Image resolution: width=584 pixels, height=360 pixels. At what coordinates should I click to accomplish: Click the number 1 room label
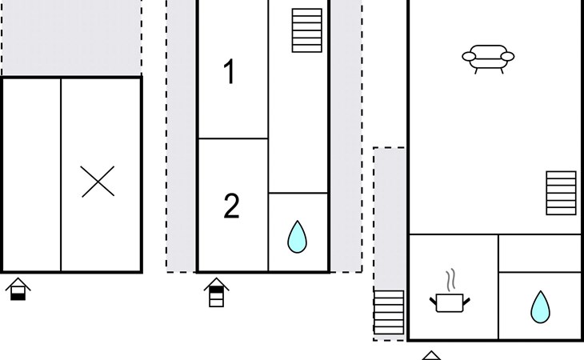[230, 73]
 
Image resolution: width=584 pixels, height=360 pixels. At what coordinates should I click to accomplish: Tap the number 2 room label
[231, 206]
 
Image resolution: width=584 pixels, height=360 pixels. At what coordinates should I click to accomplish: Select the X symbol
[98, 182]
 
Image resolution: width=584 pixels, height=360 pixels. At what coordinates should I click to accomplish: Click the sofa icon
[488, 57]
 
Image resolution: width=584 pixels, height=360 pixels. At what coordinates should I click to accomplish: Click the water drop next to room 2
[298, 236]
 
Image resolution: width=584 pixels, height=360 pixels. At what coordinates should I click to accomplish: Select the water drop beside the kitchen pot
[541, 306]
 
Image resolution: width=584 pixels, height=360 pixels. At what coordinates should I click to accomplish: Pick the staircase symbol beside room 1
[307, 30]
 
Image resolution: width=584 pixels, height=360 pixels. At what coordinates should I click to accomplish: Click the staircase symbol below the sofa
[561, 193]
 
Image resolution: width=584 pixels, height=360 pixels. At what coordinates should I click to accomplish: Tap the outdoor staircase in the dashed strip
[389, 312]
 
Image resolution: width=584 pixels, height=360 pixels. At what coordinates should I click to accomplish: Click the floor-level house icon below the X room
[18, 289]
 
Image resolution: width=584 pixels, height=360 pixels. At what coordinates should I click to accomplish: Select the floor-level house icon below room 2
[216, 293]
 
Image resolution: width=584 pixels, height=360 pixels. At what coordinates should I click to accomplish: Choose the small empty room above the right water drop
[540, 253]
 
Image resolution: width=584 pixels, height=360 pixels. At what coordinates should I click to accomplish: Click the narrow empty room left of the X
[32, 174]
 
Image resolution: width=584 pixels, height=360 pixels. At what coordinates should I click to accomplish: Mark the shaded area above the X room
[71, 38]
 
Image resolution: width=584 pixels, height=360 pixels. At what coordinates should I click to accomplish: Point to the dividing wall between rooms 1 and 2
[232, 138]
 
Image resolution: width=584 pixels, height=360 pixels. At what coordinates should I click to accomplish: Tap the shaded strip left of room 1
[182, 136]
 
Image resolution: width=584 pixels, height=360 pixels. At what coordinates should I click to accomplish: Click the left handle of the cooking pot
[434, 300]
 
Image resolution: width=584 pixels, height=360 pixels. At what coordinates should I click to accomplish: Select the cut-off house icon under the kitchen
[431, 355]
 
